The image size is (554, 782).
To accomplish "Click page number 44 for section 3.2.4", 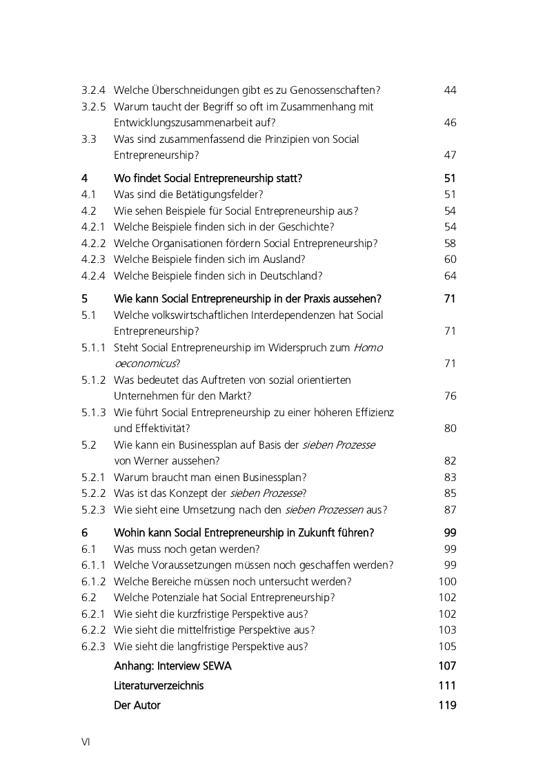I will (x=450, y=90).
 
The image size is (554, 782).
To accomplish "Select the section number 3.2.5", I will (x=93, y=107).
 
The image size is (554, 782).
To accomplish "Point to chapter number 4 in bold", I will (x=84, y=178).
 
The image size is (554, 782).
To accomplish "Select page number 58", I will (x=450, y=244).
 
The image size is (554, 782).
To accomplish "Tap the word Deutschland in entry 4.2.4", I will (x=290, y=276).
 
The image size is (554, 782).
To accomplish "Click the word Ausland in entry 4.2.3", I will (x=283, y=260).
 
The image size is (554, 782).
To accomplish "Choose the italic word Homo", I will (x=368, y=348).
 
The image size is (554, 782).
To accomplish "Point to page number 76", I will (x=450, y=396).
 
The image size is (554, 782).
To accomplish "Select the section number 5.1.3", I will (x=93, y=413).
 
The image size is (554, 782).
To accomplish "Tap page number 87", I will (x=450, y=510).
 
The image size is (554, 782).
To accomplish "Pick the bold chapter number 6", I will (x=84, y=533).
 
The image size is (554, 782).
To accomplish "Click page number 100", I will (x=447, y=582).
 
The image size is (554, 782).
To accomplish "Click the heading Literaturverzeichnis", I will (x=159, y=686).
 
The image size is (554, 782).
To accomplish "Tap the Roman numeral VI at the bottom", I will (x=86, y=742).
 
